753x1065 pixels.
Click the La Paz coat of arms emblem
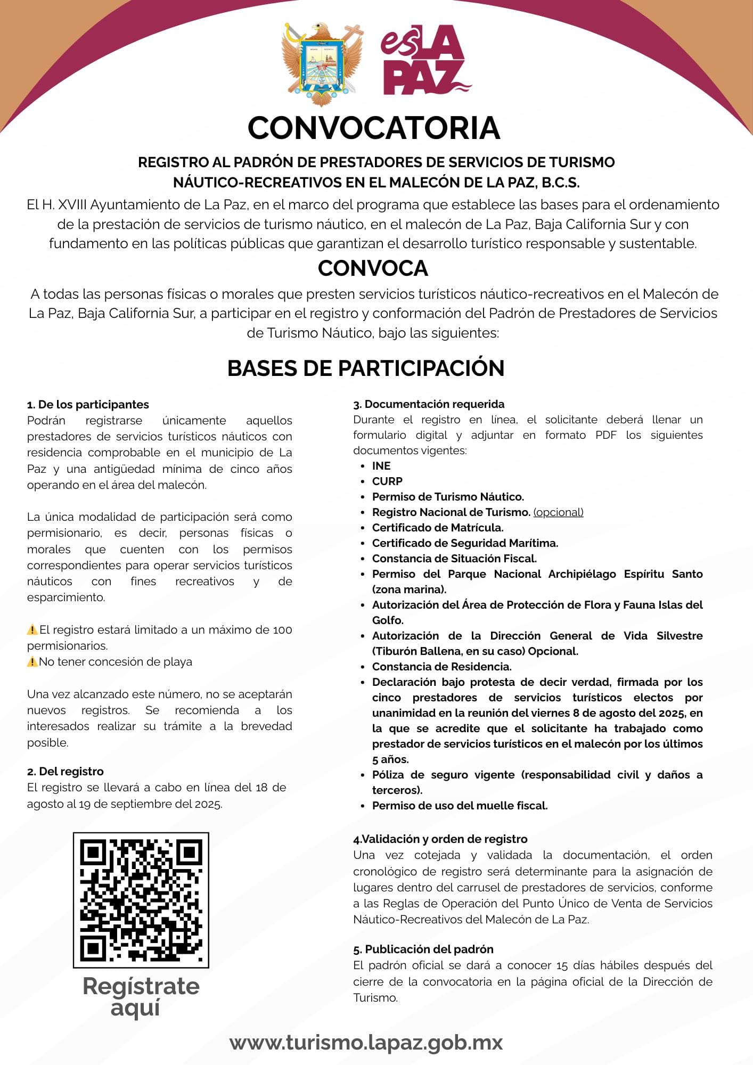tap(322, 64)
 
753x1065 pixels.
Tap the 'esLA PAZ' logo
tap(425, 60)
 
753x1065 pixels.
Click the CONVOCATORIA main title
tap(374, 128)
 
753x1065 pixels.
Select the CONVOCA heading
tap(373, 268)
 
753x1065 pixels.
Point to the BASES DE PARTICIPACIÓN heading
tap(366, 368)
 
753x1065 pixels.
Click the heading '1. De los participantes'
tap(88, 405)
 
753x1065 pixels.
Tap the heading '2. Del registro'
tap(66, 772)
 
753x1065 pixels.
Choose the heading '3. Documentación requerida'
tap(429, 404)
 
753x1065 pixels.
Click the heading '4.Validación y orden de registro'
tap(440, 839)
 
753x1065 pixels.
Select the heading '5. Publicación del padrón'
tap(423, 949)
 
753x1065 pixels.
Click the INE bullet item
tap(381, 466)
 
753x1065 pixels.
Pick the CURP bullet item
tap(387, 481)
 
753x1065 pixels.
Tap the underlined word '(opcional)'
tap(558, 512)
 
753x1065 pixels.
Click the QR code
tap(141, 900)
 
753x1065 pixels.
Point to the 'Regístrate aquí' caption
tap(141, 997)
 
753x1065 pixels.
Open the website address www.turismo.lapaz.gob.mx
tap(366, 1042)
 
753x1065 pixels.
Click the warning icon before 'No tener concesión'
tap(32, 662)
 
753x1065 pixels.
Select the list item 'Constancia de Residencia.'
tap(441, 667)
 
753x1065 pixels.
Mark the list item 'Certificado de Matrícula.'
tap(438, 528)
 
